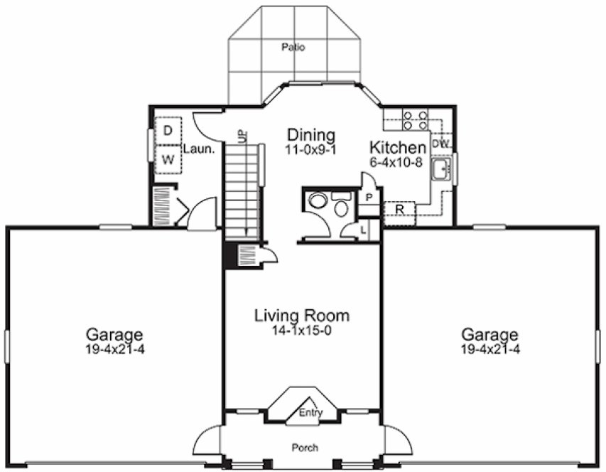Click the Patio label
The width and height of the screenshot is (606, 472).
(x=293, y=48)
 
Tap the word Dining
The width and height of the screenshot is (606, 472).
(x=310, y=134)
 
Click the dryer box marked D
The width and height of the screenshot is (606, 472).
(x=168, y=130)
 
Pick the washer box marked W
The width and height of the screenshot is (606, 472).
(x=168, y=159)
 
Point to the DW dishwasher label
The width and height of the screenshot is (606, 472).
(x=440, y=144)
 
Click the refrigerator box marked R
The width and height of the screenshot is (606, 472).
(x=399, y=210)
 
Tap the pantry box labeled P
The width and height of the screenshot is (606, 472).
(x=370, y=197)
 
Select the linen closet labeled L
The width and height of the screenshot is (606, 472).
(x=363, y=230)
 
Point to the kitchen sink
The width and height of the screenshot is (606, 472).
(x=442, y=170)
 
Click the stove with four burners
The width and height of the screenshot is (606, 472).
(x=414, y=119)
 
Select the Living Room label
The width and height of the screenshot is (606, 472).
(x=302, y=316)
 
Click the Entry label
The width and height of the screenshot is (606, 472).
(x=310, y=413)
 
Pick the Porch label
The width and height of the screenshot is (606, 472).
(x=305, y=448)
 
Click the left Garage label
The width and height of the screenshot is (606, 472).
(x=114, y=334)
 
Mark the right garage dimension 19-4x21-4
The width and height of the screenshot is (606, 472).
(x=490, y=349)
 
